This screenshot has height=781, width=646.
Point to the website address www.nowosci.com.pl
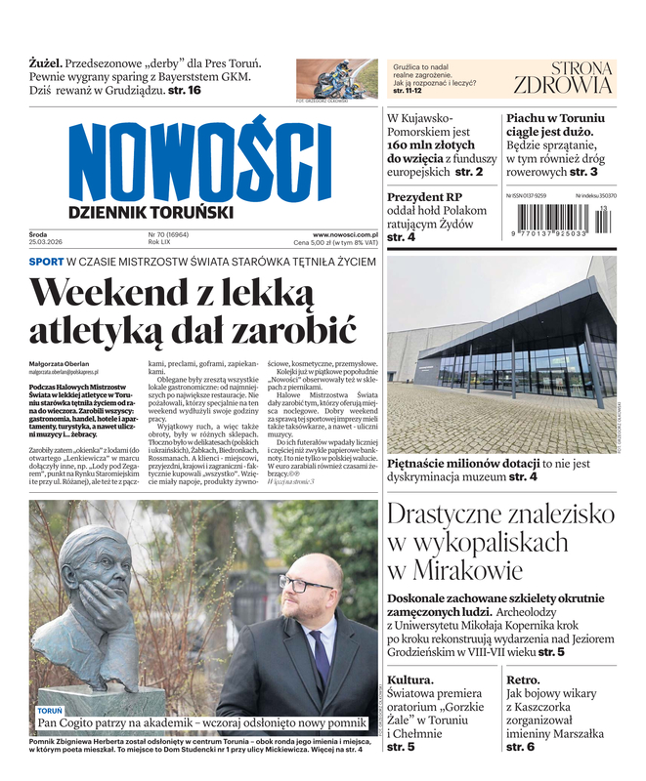[x=345, y=235]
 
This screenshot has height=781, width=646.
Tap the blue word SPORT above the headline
[x=46, y=262]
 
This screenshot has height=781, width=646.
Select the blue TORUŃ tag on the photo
[x=51, y=711]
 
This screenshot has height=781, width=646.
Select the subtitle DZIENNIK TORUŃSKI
[x=151, y=211]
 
